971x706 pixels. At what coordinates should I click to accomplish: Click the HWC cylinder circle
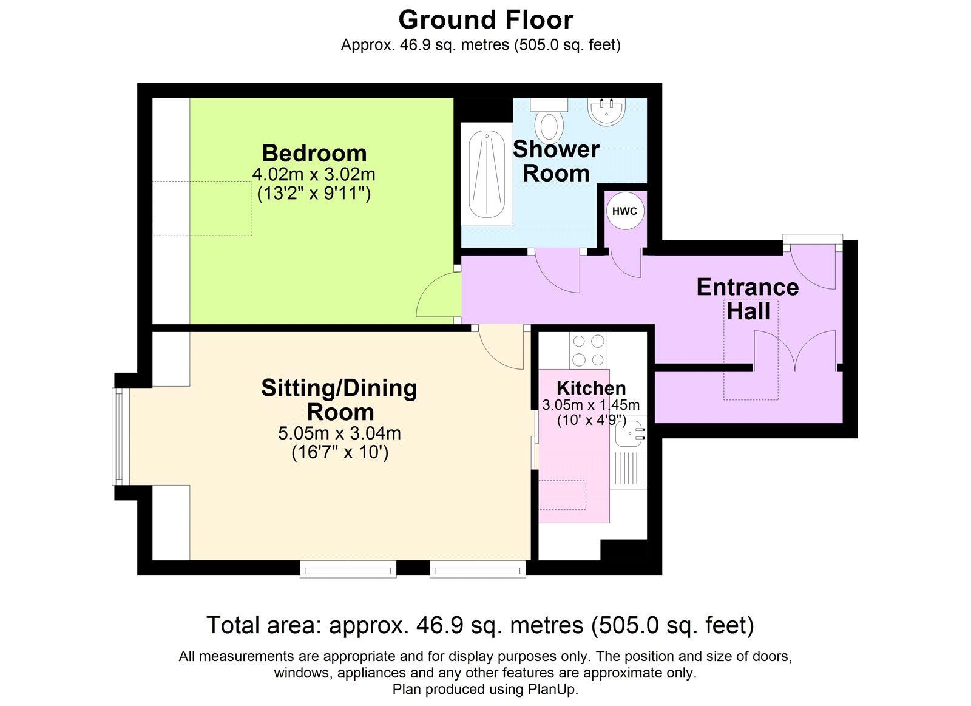pyautogui.click(x=624, y=211)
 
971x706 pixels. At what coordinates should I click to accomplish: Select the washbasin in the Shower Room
pyautogui.click(x=606, y=111)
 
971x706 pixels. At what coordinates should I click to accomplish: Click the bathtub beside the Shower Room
pyautogui.click(x=487, y=174)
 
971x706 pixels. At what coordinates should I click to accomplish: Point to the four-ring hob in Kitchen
pyautogui.click(x=588, y=350)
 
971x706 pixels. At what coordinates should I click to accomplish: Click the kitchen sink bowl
pyautogui.click(x=629, y=433)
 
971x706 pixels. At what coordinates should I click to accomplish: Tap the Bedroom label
pyautogui.click(x=314, y=153)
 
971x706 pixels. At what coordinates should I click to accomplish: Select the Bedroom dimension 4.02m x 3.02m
pyautogui.click(x=314, y=175)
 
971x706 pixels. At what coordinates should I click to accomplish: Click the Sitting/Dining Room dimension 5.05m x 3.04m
pyautogui.click(x=339, y=433)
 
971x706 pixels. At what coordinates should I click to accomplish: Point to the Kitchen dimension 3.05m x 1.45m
pyautogui.click(x=590, y=405)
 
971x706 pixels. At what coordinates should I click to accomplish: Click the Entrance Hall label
pyautogui.click(x=747, y=299)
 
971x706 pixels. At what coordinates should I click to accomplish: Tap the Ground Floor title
pyautogui.click(x=486, y=20)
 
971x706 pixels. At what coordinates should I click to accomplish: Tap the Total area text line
pyautogui.click(x=480, y=625)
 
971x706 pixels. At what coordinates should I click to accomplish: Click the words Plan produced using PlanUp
pyautogui.click(x=485, y=690)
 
